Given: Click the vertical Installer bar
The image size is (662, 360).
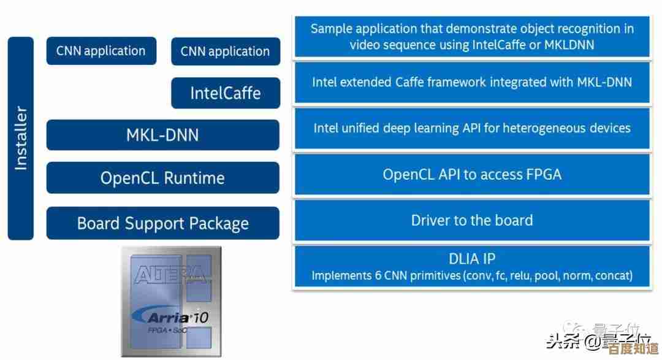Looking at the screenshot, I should [x=21, y=138].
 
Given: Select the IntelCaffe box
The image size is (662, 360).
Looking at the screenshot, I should [x=225, y=93].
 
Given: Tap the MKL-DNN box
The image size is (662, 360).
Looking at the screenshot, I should [x=162, y=135].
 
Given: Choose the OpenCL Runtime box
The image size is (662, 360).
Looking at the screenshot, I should [x=162, y=178].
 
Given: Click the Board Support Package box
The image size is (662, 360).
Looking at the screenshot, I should [x=162, y=223].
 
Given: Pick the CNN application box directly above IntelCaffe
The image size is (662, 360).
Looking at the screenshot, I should [x=225, y=52].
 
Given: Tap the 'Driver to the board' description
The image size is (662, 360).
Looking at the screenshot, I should [x=472, y=220].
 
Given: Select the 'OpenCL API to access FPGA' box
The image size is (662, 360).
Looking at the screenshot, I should [x=472, y=174].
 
